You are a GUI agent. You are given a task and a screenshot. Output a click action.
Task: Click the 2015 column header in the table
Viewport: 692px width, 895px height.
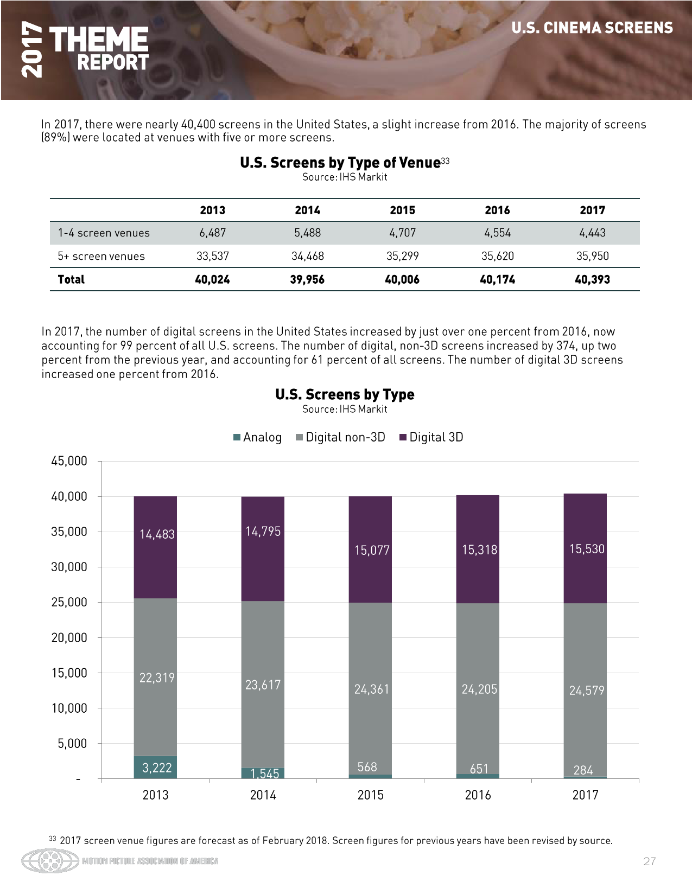pyautogui.click(x=402, y=210)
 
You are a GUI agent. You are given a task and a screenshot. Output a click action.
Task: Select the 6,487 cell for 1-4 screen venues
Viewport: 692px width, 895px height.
pyautogui.click(x=212, y=233)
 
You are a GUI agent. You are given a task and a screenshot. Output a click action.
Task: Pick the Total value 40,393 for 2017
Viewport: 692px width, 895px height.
pyautogui.click(x=592, y=280)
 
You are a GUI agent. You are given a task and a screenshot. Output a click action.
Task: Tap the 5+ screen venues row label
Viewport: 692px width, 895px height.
pyautogui.click(x=101, y=257)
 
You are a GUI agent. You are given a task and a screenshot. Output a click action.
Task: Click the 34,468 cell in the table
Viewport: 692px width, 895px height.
pyautogui.click(x=307, y=257)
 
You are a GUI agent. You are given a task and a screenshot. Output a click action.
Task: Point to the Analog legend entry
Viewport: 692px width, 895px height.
pyautogui.click(x=258, y=438)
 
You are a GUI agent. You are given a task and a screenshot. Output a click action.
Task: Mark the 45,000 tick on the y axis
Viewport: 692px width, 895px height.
pyautogui.click(x=69, y=461)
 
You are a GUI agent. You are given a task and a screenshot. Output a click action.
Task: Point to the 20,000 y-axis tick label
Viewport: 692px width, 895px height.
pyautogui.click(x=69, y=638)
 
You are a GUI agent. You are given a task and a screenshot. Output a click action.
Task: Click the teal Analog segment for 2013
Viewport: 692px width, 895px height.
pyautogui.click(x=155, y=768)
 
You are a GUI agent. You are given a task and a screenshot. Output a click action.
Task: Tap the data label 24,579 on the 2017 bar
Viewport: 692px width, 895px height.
pyautogui.click(x=586, y=691)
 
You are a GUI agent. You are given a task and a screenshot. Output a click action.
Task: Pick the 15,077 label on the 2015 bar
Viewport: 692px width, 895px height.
pyautogui.click(x=372, y=551)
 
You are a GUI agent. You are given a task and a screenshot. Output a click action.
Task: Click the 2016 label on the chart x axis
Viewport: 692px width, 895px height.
pyautogui.click(x=478, y=795)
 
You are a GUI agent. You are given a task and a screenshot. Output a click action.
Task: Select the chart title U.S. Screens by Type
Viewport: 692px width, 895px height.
pyautogui.click(x=345, y=394)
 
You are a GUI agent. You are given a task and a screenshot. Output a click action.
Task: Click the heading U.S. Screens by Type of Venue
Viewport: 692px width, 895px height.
pyautogui.click(x=340, y=163)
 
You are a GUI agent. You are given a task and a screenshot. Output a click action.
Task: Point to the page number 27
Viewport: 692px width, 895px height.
pyautogui.click(x=649, y=861)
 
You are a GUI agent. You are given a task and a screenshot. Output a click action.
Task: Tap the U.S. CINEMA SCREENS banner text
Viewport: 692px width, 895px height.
pyautogui.click(x=592, y=28)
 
